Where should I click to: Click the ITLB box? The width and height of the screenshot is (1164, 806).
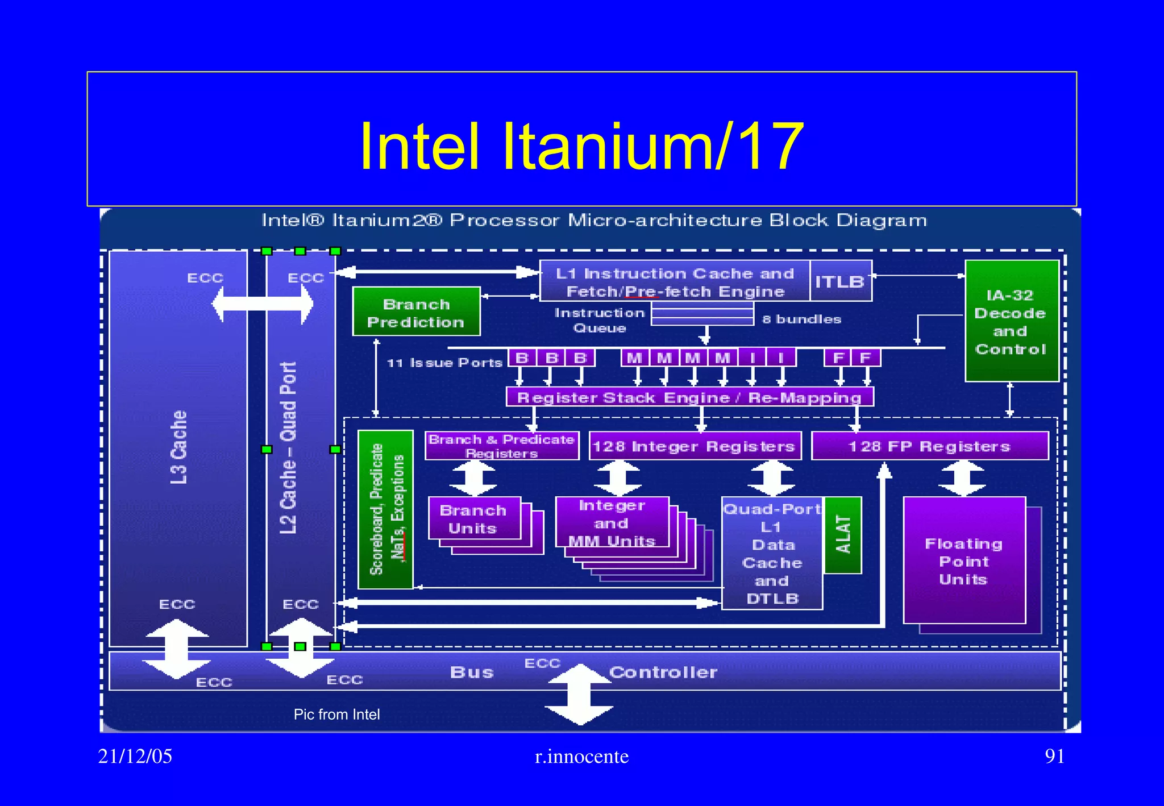click(x=840, y=281)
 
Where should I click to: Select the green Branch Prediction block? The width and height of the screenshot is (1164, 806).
click(x=416, y=312)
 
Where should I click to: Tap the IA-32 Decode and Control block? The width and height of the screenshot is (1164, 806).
click(x=1011, y=322)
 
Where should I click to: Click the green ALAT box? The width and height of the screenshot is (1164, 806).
click(x=843, y=535)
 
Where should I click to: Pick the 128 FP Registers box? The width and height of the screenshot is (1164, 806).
click(x=929, y=446)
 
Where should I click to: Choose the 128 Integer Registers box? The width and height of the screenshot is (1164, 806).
click(x=694, y=446)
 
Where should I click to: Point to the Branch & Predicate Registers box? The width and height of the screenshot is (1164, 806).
click(x=501, y=446)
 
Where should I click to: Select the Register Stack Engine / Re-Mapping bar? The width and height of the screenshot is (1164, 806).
click(x=689, y=397)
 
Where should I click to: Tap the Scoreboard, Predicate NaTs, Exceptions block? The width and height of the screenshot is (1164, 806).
click(x=385, y=509)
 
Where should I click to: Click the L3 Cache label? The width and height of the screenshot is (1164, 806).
click(x=178, y=447)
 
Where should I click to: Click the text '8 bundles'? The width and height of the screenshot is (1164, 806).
click(x=801, y=319)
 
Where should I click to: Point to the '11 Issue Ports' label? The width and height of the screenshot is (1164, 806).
click(x=444, y=363)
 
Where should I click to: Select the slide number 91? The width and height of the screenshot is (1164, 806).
click(x=1054, y=756)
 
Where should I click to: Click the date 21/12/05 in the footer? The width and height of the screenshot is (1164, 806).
click(x=135, y=756)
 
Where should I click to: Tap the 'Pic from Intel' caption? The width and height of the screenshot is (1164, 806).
click(x=336, y=714)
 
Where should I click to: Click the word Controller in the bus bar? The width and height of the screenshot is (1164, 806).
click(x=663, y=672)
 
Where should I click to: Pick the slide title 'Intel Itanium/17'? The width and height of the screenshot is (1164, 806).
click(x=581, y=146)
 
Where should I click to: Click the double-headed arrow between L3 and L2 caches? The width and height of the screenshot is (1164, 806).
click(x=263, y=304)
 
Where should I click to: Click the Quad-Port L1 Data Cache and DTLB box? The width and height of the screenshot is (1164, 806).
click(x=772, y=554)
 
